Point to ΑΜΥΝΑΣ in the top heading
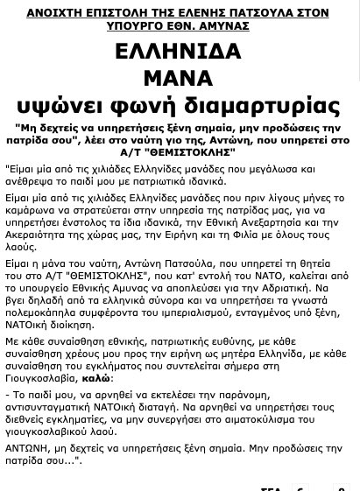223,26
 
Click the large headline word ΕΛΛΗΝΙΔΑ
178,52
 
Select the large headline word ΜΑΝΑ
178,79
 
